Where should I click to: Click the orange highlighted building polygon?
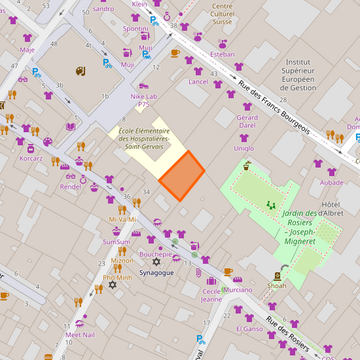182,176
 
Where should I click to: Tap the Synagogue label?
157,273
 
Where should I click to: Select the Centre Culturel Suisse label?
222,14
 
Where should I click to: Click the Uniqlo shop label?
244,148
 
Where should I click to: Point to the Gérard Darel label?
247,122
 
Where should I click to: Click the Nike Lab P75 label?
144,100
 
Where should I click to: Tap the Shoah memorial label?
276,286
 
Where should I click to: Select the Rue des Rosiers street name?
288,335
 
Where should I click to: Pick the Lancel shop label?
198,82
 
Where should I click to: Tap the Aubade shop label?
332,182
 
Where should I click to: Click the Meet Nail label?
80,335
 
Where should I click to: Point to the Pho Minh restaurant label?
118,278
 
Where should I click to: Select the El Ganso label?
249,329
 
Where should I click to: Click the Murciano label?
238,290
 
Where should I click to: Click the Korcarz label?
31,159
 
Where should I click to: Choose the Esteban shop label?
222,54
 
